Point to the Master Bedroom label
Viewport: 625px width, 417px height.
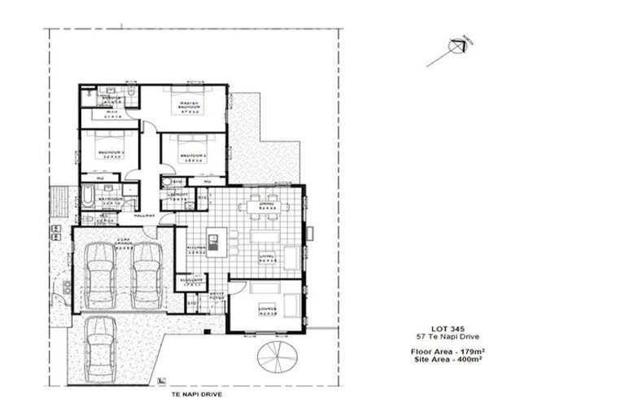pos(186,105)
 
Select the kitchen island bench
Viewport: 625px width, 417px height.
pos(213,241)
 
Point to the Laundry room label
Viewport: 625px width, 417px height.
pos(178,195)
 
